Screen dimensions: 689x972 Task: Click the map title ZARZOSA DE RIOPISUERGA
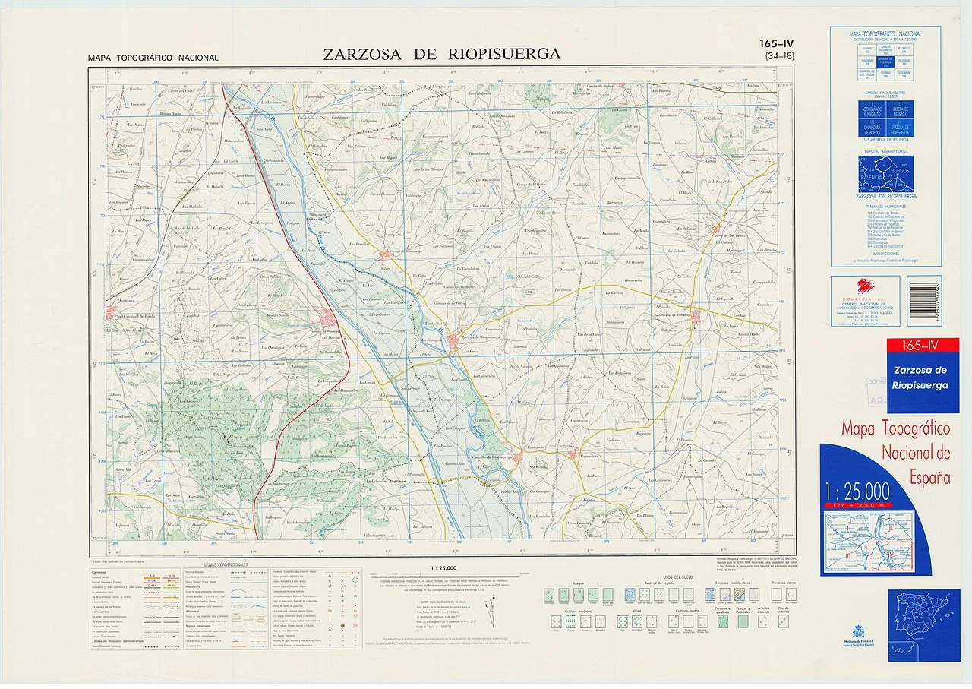[441, 54]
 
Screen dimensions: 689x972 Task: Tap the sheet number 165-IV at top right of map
[775, 44]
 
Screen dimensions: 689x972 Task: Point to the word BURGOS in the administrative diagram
[899, 172]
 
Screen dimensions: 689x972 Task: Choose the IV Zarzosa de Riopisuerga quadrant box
[900, 129]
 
